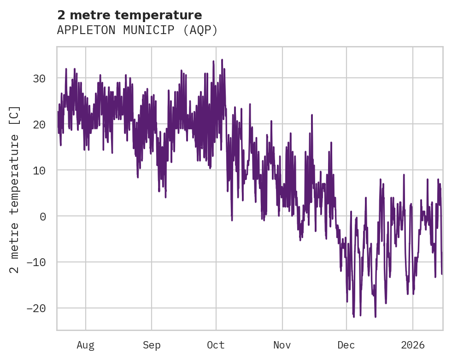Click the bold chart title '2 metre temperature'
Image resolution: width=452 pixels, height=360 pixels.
(x=129, y=15)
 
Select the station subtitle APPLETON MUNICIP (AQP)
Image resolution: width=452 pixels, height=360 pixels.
(x=137, y=30)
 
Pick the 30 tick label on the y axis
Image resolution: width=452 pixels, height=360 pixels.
(x=40, y=78)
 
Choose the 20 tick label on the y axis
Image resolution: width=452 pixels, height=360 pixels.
(x=40, y=124)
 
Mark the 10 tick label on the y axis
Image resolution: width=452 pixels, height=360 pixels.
(x=40, y=170)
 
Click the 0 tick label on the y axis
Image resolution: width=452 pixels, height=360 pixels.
(x=43, y=216)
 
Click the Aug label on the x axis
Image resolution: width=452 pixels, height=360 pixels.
(x=85, y=345)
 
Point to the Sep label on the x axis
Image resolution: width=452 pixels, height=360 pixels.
(x=151, y=345)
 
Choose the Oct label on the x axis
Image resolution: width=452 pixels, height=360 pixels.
(x=216, y=345)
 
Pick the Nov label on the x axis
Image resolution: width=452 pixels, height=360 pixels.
(x=282, y=345)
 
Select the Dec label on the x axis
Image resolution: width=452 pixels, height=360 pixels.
(x=346, y=345)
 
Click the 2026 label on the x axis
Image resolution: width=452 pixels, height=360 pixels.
(x=413, y=345)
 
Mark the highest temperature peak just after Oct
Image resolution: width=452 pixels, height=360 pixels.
(x=222, y=59)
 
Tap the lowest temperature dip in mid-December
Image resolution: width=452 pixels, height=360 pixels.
(x=376, y=317)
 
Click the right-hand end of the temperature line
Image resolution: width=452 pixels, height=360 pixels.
(x=441, y=273)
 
